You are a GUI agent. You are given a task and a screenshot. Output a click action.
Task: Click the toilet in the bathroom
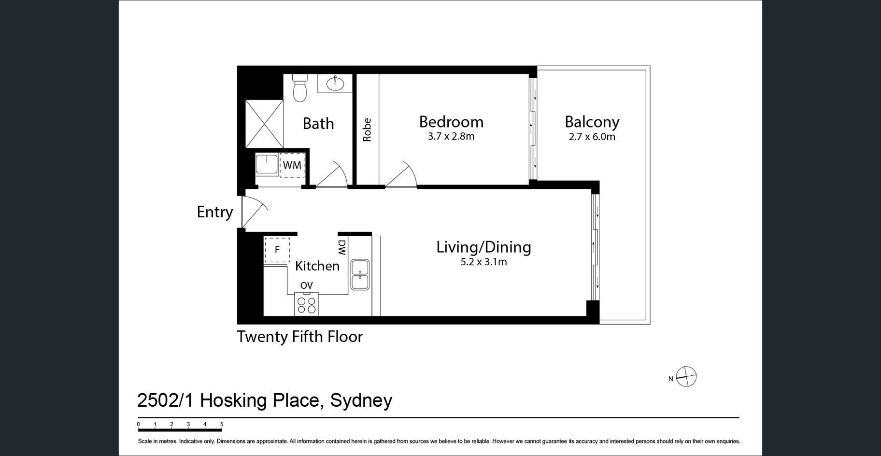click(x=300, y=87)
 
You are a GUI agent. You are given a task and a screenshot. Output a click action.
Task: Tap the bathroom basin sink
click(x=335, y=84)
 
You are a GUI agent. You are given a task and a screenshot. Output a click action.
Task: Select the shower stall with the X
click(x=264, y=124)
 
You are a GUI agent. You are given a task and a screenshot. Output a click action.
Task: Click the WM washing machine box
click(x=292, y=165)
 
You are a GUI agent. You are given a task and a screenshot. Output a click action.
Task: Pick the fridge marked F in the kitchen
click(x=277, y=250)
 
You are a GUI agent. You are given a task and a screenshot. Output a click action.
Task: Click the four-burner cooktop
click(x=306, y=304)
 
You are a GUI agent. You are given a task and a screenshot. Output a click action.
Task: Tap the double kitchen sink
click(x=360, y=274)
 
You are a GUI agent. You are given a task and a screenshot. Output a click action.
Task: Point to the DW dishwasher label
click(x=342, y=248)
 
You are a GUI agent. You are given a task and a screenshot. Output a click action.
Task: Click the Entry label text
click(x=215, y=212)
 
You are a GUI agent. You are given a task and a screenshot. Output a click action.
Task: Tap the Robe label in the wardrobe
click(x=367, y=129)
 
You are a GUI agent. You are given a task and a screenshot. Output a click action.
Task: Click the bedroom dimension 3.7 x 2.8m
click(x=451, y=137)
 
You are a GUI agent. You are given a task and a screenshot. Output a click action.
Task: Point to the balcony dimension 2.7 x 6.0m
click(x=592, y=137)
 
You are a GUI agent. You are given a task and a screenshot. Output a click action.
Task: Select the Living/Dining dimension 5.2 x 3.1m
click(x=484, y=262)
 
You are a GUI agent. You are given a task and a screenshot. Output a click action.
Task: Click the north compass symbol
click(x=686, y=377)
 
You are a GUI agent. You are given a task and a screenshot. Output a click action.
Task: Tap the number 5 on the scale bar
click(x=222, y=425)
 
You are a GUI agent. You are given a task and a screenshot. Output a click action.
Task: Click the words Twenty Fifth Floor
click(x=299, y=337)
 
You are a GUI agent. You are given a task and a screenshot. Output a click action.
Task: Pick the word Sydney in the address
click(x=361, y=401)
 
